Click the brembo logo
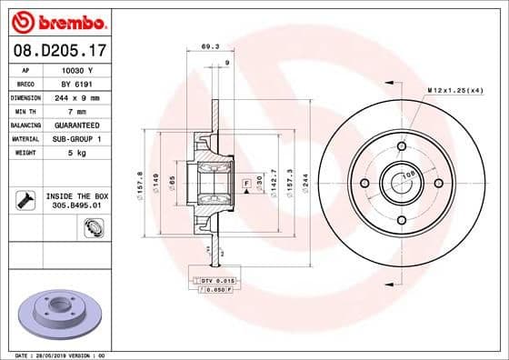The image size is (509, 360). coord(58,21)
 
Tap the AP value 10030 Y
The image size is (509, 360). coord(76,70)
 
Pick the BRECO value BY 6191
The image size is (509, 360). coord(76,83)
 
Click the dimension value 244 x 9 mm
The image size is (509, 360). coord(76,96)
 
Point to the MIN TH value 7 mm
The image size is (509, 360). coord(76,110)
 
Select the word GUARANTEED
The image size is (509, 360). coord(76,124)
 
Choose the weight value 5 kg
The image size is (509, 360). coord(76,152)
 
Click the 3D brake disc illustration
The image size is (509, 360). coord(58,315)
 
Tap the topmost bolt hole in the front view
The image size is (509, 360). coord(401,145)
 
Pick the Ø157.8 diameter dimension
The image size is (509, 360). coord(140,183)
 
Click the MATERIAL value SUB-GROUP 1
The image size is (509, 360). coord(76,138)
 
